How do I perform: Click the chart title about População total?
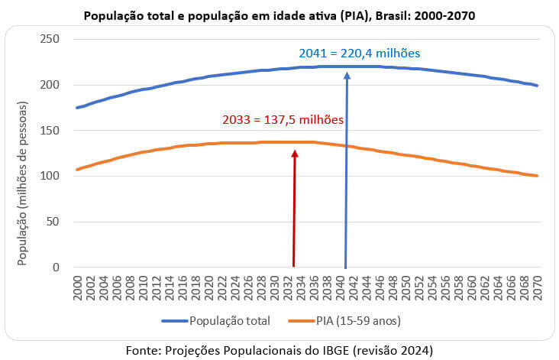coord(279,15)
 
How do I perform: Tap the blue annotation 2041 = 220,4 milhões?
coord(359,54)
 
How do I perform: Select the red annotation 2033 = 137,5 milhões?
coord(282,120)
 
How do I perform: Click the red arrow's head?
coord(295,154)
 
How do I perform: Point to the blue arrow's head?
coord(347,76)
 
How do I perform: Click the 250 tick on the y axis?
coord(51,38)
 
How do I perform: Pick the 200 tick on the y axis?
coord(51,84)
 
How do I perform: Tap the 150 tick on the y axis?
coord(51,130)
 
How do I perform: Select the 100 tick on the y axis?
coord(51,176)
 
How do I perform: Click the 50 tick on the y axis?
coord(54,222)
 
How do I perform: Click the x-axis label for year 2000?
coord(76,288)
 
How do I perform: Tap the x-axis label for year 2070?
coord(537,288)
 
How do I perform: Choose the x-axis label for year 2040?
coord(340,288)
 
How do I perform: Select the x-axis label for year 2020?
coord(208,288)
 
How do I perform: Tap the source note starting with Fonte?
coord(279,349)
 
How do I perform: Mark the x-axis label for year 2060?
coord(471,288)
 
